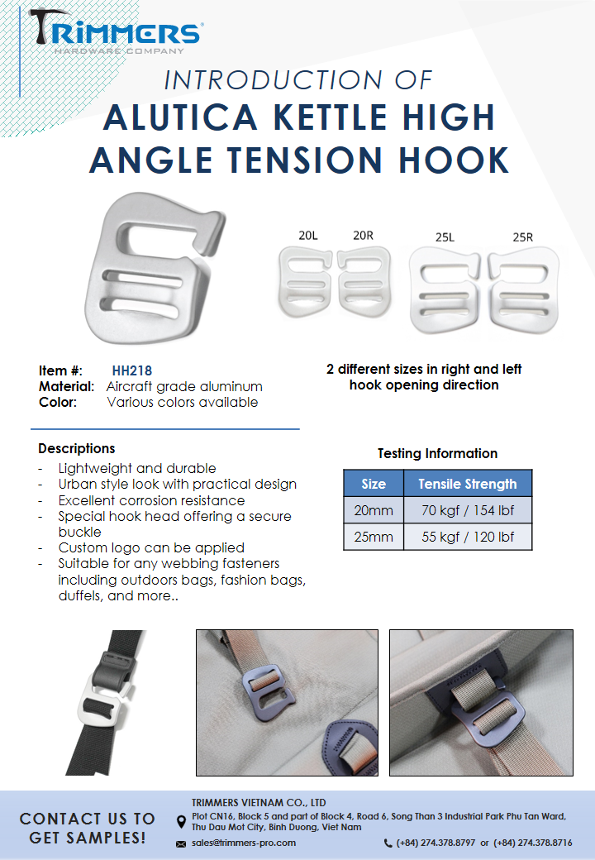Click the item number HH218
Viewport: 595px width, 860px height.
(132, 370)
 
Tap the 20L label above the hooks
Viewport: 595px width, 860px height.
(308, 236)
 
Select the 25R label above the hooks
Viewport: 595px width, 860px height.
(522, 237)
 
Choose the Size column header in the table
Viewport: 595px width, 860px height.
(374, 484)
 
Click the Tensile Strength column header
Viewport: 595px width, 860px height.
(468, 484)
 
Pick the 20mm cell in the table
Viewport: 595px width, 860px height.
(374, 510)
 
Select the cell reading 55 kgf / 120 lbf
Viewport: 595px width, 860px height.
(468, 537)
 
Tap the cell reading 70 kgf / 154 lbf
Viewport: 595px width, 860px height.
(468, 510)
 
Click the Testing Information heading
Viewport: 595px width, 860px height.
(437, 454)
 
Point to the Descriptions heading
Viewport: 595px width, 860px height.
(77, 449)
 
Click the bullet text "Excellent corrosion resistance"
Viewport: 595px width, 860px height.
(152, 500)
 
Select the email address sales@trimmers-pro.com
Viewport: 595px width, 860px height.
(243, 843)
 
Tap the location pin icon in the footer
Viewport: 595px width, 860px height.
(181, 822)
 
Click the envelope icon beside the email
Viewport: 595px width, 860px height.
(181, 844)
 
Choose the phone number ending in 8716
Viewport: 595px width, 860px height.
(532, 843)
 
